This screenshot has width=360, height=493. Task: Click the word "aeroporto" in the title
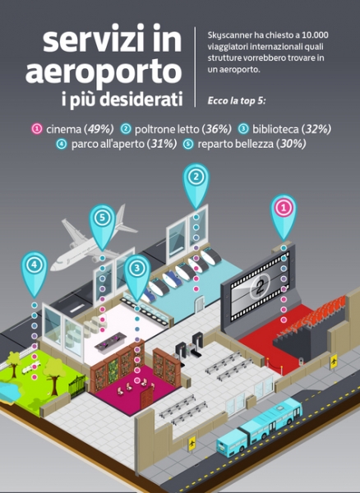(x=104, y=71)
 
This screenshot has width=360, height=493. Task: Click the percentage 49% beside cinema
(x=100, y=129)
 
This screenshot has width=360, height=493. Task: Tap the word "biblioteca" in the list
(x=275, y=129)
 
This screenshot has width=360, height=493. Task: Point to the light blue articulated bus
(x=260, y=426)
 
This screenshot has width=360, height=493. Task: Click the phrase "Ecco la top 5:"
(x=237, y=101)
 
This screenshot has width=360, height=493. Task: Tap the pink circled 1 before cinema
(x=37, y=129)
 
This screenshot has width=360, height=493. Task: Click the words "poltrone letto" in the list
(x=167, y=129)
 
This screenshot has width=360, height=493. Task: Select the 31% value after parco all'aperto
(x=163, y=144)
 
